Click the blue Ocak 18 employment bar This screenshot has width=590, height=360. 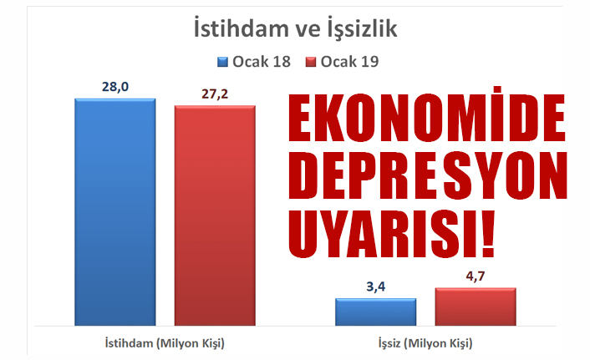115,212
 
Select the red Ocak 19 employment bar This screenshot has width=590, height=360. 215,215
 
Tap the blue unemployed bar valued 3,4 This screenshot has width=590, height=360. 375,312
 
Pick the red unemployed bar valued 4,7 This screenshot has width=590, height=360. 476,307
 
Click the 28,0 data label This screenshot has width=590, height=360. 115,87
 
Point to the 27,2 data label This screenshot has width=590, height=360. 215,94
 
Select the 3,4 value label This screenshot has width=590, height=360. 375,286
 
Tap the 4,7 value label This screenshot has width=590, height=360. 476,276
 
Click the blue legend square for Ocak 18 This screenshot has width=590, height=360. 223,62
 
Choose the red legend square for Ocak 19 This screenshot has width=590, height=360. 311,62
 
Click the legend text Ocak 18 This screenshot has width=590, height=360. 262,62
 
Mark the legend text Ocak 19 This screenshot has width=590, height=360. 349,62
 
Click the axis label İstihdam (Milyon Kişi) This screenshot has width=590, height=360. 165,343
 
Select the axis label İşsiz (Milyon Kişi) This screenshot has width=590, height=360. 425,343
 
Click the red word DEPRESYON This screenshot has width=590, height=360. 427,175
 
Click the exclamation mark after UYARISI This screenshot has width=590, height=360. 488,234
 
